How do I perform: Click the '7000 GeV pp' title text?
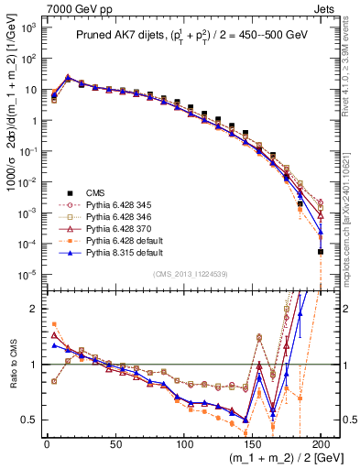(x=72, y=7)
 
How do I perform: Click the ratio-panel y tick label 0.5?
(x=28, y=420)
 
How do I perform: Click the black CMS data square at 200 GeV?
(x=321, y=251)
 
